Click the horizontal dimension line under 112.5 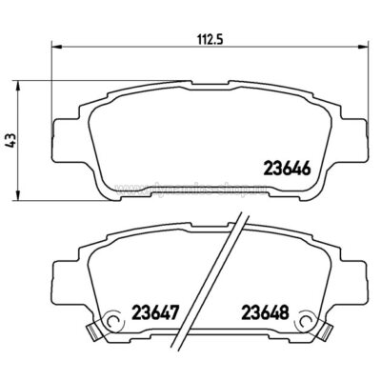click(x=143, y=45)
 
